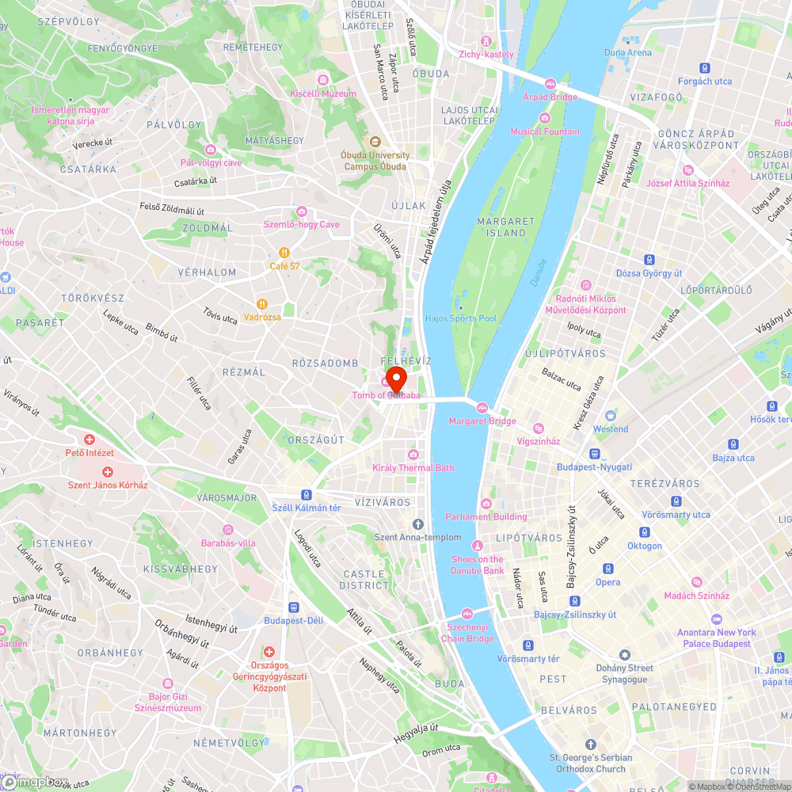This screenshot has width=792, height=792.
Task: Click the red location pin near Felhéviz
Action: coord(395,376)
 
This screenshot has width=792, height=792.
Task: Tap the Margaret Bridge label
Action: coord(482,421)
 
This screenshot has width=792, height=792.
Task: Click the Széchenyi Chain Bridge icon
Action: coord(467,614)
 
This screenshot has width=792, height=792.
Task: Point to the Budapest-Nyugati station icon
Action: coord(594,454)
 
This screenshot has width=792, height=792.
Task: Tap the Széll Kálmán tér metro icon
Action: coord(306,494)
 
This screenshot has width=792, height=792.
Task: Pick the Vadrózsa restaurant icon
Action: coord(262,303)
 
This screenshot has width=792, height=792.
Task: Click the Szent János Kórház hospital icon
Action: coord(108,471)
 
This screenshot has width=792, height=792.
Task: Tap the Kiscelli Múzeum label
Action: coord(323,93)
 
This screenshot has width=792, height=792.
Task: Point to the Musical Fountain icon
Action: coord(545,118)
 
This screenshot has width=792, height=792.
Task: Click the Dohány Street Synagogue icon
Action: coord(625,655)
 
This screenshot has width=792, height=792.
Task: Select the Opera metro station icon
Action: coord(608,569)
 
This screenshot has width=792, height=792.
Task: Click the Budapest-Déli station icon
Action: coord(294,607)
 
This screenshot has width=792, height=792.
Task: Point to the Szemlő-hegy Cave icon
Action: coord(301,211)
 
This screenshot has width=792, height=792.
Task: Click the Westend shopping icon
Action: coord(610,416)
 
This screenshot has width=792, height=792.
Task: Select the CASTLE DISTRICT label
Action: coord(364,579)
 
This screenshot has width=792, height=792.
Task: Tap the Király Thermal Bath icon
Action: coord(413,455)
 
